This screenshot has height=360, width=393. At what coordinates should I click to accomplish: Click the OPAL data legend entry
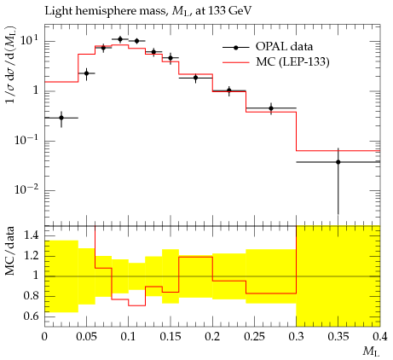(268, 47)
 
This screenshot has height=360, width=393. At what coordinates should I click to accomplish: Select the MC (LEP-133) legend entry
(276, 61)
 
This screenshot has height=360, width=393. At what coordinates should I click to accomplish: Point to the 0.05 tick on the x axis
(86, 337)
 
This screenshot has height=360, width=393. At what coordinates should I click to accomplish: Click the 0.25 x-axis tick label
(254, 337)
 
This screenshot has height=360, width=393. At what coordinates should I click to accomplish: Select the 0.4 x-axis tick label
(380, 337)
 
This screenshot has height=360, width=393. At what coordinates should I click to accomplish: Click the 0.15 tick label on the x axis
(170, 337)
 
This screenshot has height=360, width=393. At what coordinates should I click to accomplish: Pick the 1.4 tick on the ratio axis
(31, 235)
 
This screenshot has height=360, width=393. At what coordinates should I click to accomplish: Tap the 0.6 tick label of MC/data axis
(31, 316)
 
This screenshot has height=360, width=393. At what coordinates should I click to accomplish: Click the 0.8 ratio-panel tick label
(31, 296)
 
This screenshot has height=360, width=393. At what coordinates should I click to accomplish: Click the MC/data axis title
(9, 251)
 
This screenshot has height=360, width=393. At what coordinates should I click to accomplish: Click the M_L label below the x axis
(371, 351)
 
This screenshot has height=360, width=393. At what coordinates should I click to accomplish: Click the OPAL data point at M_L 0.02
(61, 118)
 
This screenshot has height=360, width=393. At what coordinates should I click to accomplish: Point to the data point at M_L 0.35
(338, 162)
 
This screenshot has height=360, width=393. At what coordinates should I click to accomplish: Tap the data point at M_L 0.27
(271, 108)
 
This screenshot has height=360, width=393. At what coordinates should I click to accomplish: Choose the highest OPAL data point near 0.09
(120, 39)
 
